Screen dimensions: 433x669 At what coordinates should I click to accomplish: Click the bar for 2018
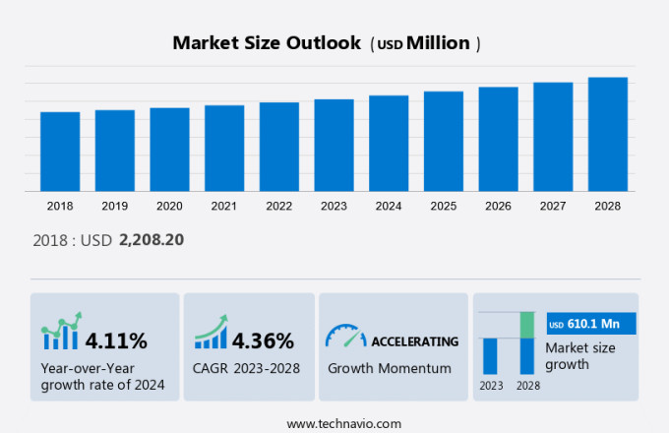pyautogui.click(x=60, y=152)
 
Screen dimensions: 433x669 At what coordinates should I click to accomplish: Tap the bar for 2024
pyautogui.click(x=389, y=144)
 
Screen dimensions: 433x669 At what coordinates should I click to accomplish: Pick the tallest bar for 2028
pyautogui.click(x=608, y=134)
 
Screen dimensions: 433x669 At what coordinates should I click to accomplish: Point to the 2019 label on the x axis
pyautogui.click(x=114, y=207)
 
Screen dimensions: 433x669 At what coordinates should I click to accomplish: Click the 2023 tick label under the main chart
pyautogui.click(x=334, y=207)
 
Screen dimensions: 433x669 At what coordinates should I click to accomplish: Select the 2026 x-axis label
pyautogui.click(x=498, y=207)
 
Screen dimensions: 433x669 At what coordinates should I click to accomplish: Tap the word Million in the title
pyautogui.click(x=438, y=43)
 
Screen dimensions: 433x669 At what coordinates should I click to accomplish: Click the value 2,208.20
pyautogui.click(x=152, y=239)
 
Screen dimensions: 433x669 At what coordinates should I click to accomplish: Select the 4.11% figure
pyautogui.click(x=116, y=341)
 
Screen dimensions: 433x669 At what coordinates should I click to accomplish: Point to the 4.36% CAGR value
pyautogui.click(x=263, y=341)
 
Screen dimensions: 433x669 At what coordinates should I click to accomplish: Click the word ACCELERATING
pyautogui.click(x=414, y=341)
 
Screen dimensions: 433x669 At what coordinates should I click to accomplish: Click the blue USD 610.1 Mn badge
pyautogui.click(x=590, y=324)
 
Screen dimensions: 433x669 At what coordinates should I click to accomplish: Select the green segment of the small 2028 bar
pyautogui.click(x=526, y=325)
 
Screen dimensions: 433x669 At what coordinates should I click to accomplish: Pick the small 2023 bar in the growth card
pyautogui.click(x=490, y=355)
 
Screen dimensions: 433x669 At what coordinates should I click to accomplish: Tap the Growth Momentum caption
pyautogui.click(x=389, y=369)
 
